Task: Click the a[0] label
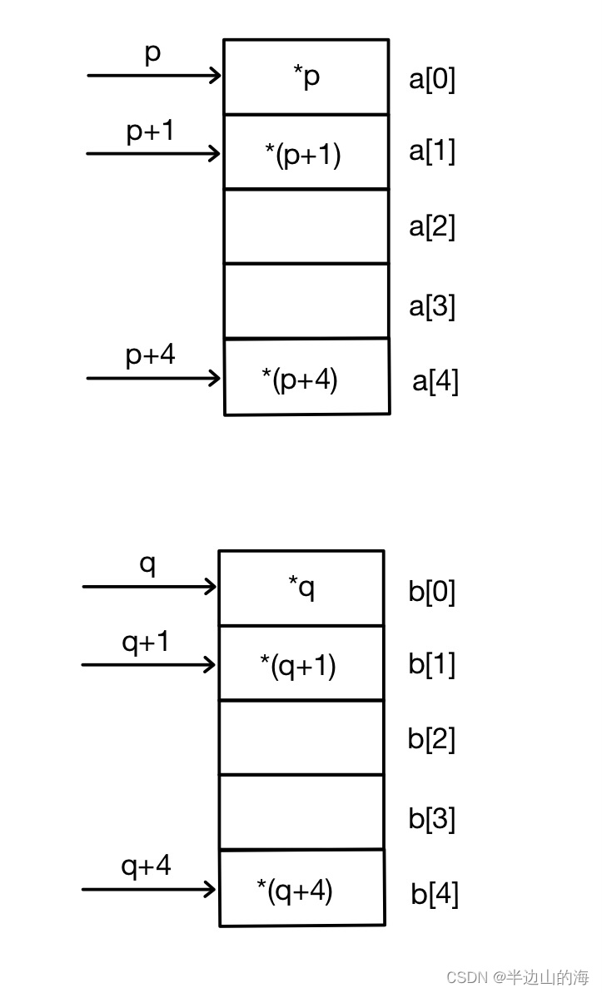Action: click(432, 80)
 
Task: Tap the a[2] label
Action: click(432, 226)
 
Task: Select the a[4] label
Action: click(435, 381)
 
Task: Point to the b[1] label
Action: click(431, 666)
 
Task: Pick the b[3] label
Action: click(431, 818)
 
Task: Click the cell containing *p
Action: click(306, 77)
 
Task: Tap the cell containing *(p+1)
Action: click(306, 151)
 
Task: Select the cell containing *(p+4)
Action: click(306, 376)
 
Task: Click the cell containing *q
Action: click(301, 588)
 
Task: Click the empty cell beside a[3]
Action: click(306, 301)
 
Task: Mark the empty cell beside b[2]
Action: click(301, 737)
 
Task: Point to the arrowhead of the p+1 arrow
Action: click(216, 153)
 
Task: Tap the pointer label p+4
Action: click(151, 355)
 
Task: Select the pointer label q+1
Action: click(146, 643)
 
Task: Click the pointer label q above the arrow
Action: click(147, 564)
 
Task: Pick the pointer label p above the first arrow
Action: click(152, 53)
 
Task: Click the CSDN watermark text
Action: click(517, 976)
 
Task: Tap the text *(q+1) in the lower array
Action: click(298, 666)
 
